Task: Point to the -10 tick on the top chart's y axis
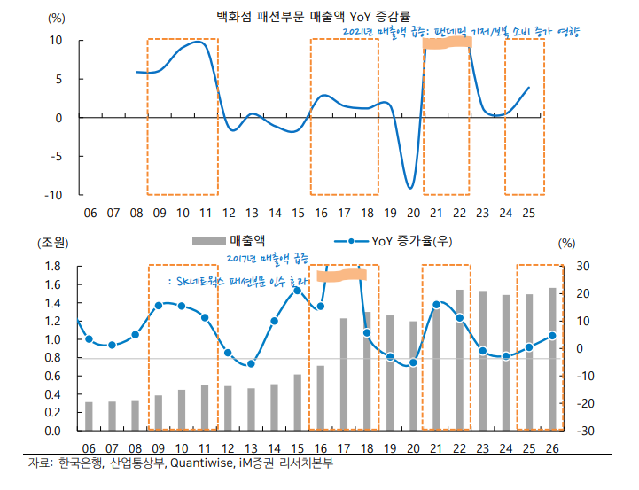tap(54, 195)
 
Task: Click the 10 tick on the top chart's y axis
tap(56, 41)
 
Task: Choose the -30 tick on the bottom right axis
tap(585, 432)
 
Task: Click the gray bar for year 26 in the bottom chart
tap(551, 359)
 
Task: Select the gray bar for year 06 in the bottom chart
tap(89, 416)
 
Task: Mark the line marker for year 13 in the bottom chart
tap(251, 363)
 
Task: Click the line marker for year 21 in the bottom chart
tap(436, 305)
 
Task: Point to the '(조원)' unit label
tap(52, 242)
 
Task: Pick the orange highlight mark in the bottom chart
tap(341, 276)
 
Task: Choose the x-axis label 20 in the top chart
tap(413, 214)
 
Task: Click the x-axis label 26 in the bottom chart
tap(551, 447)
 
